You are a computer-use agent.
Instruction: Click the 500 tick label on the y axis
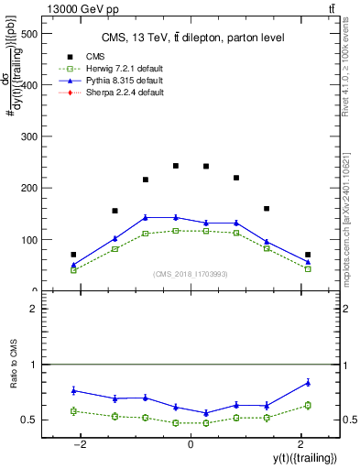point(27,34)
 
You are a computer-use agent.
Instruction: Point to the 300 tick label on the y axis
point(27,137)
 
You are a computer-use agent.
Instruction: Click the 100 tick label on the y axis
point(27,240)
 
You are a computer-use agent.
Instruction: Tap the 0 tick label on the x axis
point(190,443)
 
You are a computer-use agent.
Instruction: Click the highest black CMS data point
point(176,166)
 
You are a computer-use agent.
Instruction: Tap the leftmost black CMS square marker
point(73,255)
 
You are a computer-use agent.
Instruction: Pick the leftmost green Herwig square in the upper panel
point(73,270)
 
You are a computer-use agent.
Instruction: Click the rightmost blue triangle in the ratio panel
point(308,382)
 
